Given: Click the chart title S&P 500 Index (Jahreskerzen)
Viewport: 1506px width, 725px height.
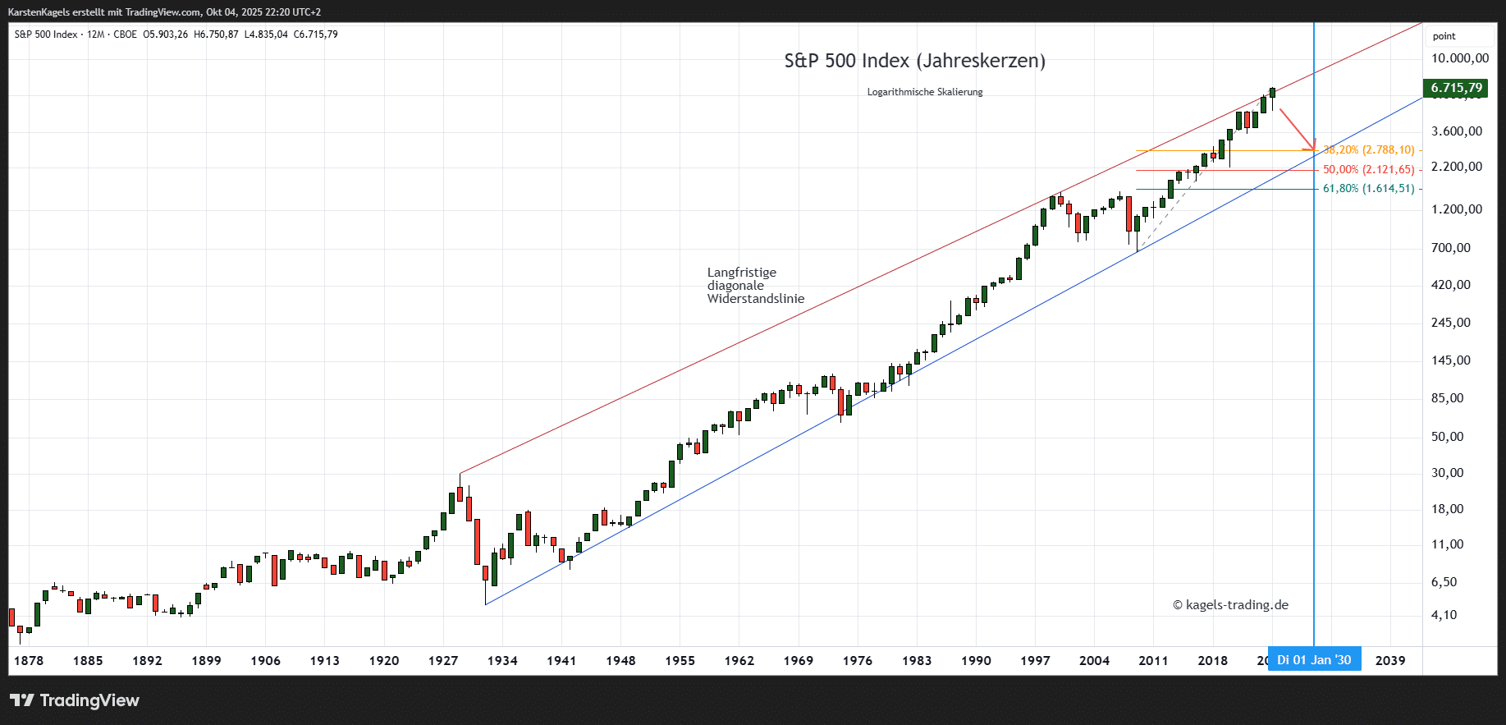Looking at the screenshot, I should click(914, 61).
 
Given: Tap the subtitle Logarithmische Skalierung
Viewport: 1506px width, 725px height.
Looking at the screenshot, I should click(924, 92).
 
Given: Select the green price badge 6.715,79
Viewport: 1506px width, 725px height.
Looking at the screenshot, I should click(1456, 88).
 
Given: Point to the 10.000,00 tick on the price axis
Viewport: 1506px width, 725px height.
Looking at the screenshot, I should click(1459, 58).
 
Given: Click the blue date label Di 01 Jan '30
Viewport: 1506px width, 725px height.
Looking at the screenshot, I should click(1313, 660).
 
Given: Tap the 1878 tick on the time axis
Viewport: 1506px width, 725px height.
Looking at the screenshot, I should click(29, 661).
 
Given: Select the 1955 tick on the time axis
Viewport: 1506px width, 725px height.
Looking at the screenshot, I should click(680, 661).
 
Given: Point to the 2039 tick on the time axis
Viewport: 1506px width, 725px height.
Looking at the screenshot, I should click(1389, 661).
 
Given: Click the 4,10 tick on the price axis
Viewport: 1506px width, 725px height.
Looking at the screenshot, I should click(1444, 615).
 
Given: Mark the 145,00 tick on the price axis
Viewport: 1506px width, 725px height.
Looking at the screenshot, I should click(1450, 360).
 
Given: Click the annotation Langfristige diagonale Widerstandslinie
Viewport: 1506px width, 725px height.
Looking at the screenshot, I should click(755, 286).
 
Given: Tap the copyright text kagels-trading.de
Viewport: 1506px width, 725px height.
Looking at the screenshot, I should click(1230, 605).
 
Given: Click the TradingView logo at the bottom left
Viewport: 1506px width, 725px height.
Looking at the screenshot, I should click(75, 700).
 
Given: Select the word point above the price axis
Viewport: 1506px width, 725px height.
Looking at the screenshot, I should click(1444, 36).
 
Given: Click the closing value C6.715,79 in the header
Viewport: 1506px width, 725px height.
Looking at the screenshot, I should click(316, 34).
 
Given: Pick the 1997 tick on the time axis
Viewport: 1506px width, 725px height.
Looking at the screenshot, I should click(1035, 661).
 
